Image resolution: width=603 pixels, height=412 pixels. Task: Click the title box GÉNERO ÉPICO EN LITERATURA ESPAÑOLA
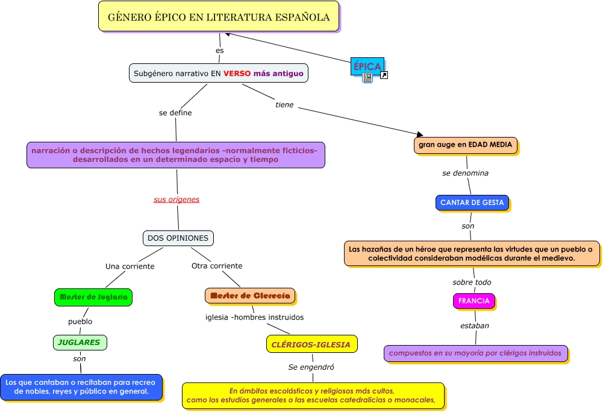(x=218, y=17)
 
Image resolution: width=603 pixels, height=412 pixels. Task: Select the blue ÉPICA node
(x=367, y=66)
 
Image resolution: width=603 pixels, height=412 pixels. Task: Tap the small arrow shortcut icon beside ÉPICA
(x=384, y=75)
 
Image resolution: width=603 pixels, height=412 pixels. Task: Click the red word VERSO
(x=237, y=74)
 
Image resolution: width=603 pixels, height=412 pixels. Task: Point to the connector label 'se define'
(x=175, y=112)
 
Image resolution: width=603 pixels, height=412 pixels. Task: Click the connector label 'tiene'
(x=284, y=105)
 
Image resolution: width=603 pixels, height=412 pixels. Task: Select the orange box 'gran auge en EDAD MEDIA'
(x=466, y=145)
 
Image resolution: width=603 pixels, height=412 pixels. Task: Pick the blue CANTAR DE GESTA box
(x=472, y=203)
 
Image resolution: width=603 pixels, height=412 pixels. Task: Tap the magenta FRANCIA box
(x=473, y=300)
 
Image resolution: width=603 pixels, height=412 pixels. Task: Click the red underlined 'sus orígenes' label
(x=177, y=199)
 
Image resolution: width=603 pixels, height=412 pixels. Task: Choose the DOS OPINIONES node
(x=178, y=238)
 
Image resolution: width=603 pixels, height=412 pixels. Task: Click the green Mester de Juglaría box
(x=93, y=297)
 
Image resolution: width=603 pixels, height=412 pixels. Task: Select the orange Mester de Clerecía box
(x=250, y=296)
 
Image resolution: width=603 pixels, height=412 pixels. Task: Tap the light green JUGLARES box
(x=80, y=343)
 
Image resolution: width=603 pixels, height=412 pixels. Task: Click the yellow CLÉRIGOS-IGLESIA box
(x=311, y=344)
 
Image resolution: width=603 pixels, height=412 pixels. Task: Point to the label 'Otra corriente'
(x=217, y=266)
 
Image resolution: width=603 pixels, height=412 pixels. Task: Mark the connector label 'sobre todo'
(x=472, y=282)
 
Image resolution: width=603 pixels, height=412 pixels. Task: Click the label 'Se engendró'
(x=311, y=367)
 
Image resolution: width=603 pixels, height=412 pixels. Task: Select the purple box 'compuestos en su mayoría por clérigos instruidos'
(x=475, y=353)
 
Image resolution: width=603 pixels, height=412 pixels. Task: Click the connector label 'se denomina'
(x=465, y=173)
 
